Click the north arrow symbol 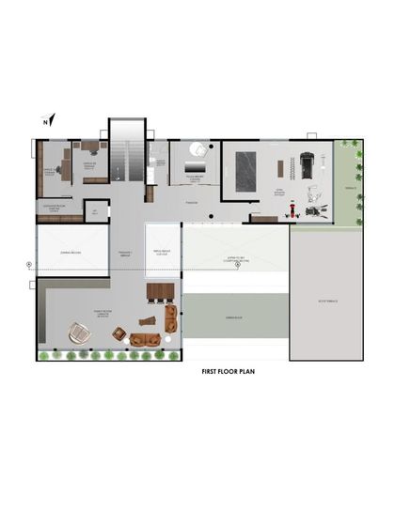pos(50,119)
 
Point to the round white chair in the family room pos(77,332)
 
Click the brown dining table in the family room pos(162,290)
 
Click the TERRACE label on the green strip pos(348,188)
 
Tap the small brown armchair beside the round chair pos(119,333)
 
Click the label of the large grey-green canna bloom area pos(234,318)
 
